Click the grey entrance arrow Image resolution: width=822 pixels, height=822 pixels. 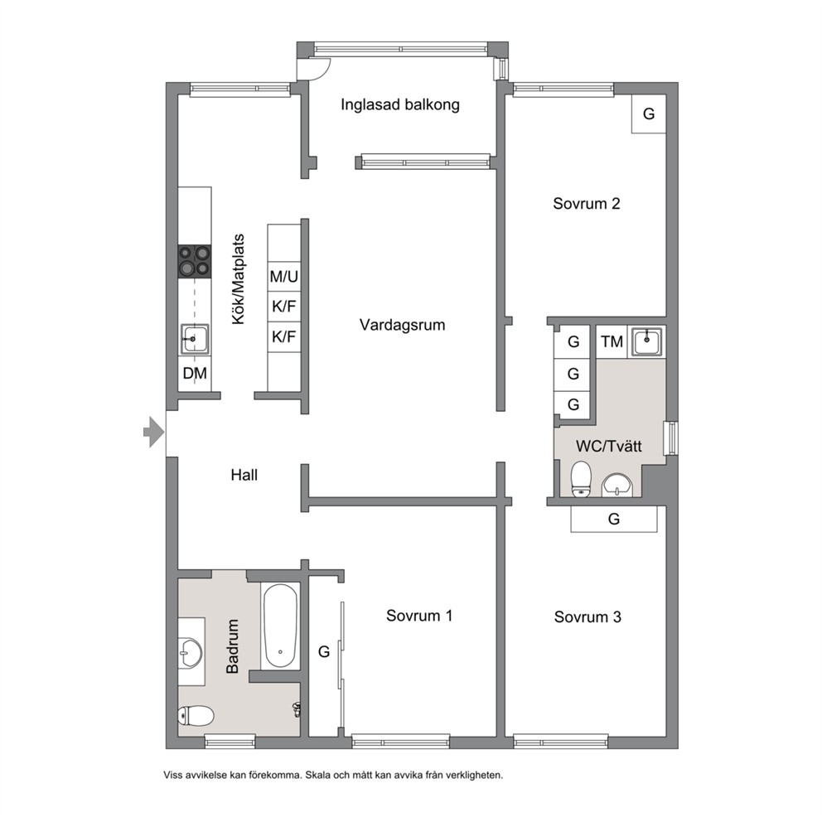154,432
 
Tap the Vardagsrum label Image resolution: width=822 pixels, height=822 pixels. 402,325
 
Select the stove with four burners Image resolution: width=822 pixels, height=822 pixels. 195,262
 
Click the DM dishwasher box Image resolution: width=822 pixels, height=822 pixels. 195,373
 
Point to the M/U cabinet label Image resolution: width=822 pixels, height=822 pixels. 284,276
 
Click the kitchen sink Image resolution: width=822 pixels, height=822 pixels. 195,339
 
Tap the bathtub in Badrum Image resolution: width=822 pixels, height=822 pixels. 280,626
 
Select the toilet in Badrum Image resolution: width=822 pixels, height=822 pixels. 196,716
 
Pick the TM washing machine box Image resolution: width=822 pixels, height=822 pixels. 612,341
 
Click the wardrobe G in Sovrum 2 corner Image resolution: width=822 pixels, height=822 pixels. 649,114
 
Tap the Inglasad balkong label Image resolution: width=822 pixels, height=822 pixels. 400,105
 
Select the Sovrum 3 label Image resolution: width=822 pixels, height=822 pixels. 587,617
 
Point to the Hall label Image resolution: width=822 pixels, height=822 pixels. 244,475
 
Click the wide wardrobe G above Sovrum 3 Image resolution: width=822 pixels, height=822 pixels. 614,519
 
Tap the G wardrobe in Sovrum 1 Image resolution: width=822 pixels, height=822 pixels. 325,651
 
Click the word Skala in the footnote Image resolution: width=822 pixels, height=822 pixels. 318,775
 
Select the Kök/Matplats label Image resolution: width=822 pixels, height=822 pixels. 239,279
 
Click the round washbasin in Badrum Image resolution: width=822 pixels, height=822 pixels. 189,652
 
